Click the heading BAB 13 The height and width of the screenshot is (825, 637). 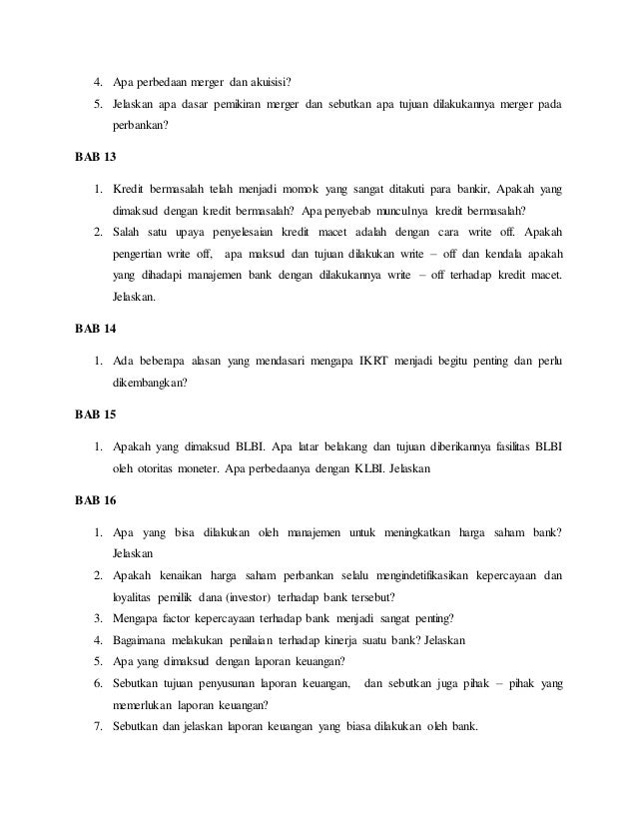tap(96, 158)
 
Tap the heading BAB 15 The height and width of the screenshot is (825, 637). tap(96, 412)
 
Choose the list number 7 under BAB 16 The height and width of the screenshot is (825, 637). tap(97, 726)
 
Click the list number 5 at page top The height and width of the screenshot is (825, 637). tap(97, 104)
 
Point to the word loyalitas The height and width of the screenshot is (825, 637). tap(133, 598)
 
